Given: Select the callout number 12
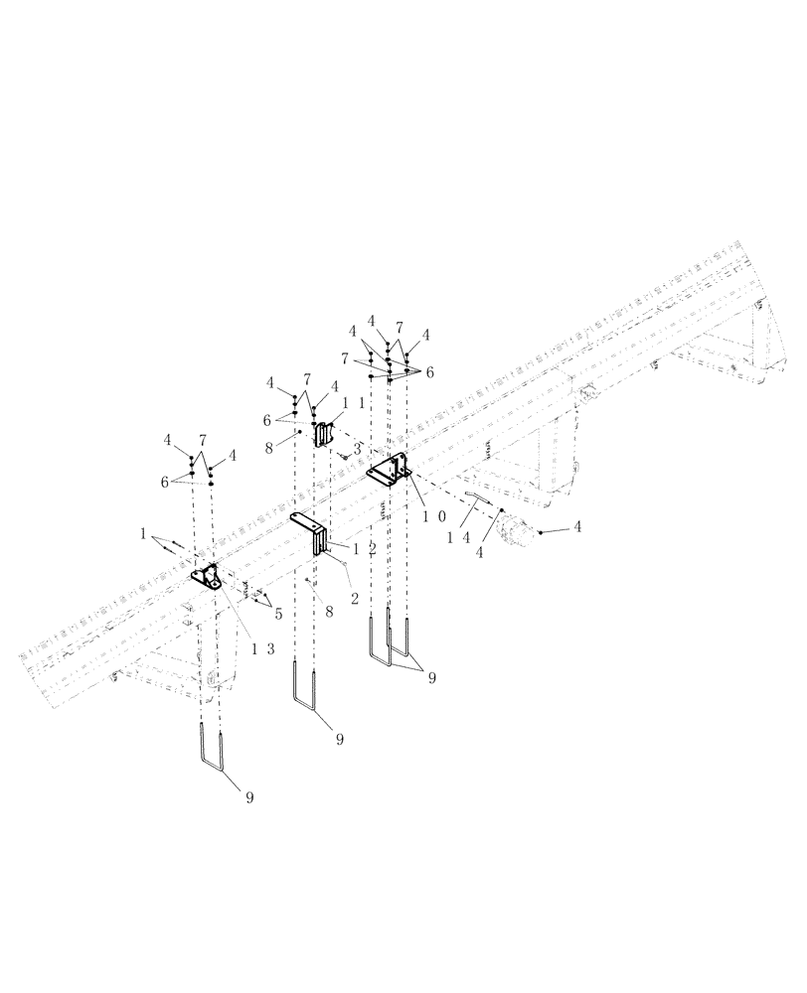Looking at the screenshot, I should (x=361, y=547).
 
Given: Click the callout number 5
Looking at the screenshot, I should (x=278, y=614).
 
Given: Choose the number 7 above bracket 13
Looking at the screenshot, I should (x=202, y=439).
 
